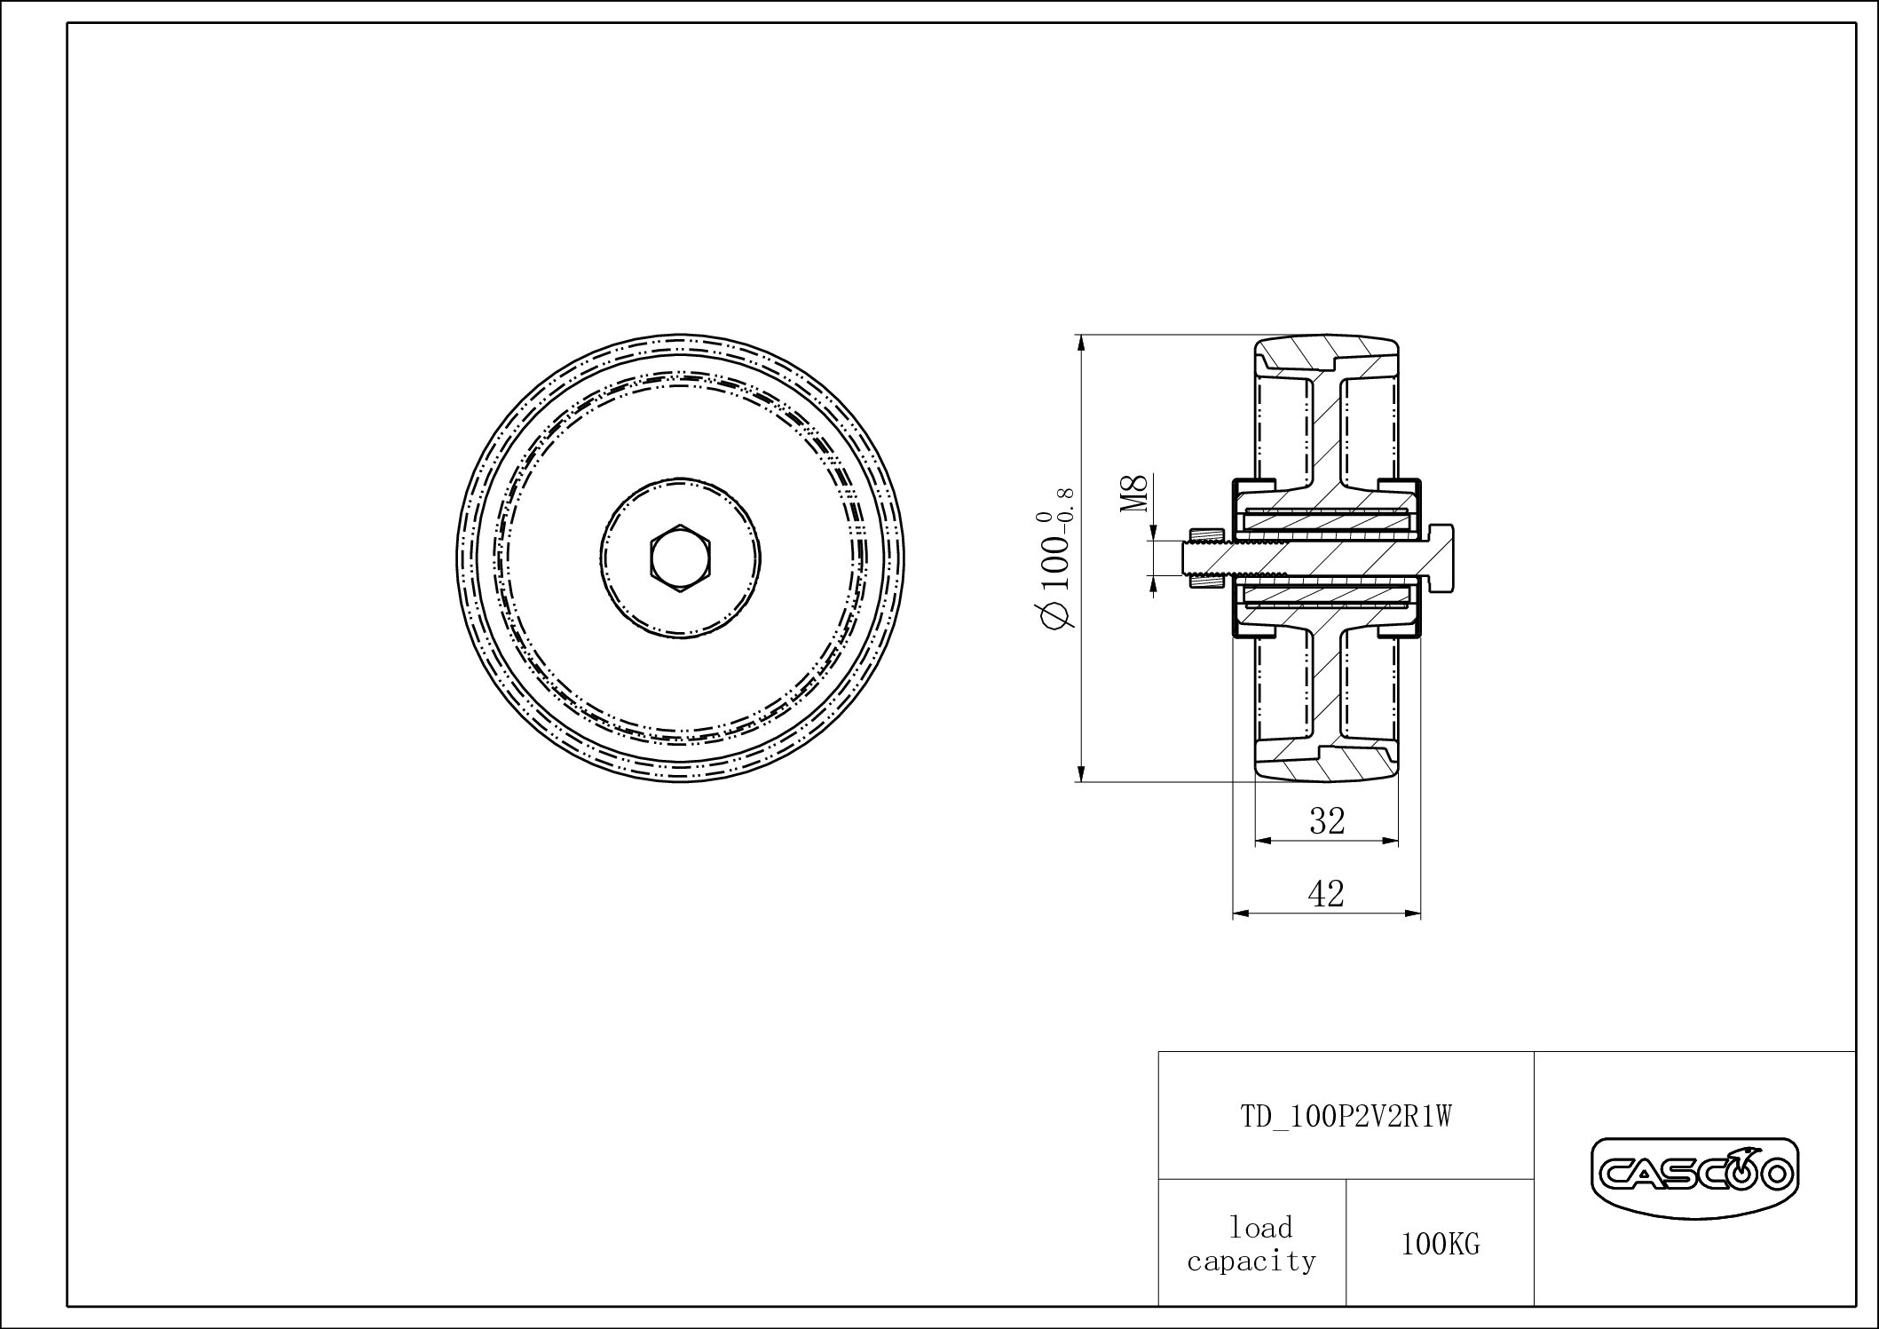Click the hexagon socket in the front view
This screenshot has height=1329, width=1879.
click(681, 558)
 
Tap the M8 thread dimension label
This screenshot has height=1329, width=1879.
click(1134, 494)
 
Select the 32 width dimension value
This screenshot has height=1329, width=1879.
click(1327, 821)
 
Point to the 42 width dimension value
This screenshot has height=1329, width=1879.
click(1326, 894)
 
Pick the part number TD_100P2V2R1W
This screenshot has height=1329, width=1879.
click(1346, 1116)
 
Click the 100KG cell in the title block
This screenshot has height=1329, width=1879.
click(1440, 1244)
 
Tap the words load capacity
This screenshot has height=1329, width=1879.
click(1251, 1244)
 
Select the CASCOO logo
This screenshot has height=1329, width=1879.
click(1693, 1175)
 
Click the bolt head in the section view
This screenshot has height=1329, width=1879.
click(1440, 558)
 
